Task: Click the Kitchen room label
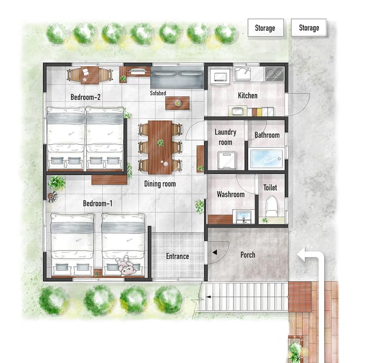(247, 95)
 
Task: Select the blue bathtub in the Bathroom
(266, 159)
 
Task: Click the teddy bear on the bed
(126, 266)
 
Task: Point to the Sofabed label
(158, 93)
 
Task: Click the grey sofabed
(177, 77)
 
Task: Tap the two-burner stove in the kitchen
(274, 74)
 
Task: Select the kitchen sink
(243, 74)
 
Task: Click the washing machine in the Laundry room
(226, 160)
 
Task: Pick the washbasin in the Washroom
(244, 217)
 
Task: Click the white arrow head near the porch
(302, 255)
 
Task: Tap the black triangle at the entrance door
(215, 252)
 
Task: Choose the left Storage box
(266, 28)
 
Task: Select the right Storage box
(309, 28)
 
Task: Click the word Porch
(248, 255)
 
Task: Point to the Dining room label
(160, 184)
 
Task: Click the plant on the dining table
(161, 143)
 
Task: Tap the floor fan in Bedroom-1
(53, 197)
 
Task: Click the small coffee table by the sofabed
(177, 103)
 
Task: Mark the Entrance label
(177, 256)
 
